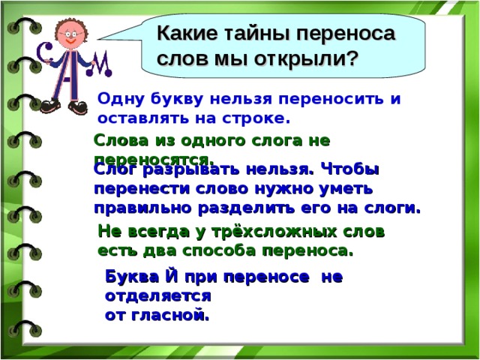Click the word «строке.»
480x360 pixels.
256,118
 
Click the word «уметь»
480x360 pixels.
346,189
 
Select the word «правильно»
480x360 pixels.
142,208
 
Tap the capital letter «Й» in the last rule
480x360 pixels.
172,277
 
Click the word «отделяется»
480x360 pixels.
158,296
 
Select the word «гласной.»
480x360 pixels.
170,315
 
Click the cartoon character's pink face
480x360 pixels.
70,34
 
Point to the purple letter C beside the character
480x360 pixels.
46,52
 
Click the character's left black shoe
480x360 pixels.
50,106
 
